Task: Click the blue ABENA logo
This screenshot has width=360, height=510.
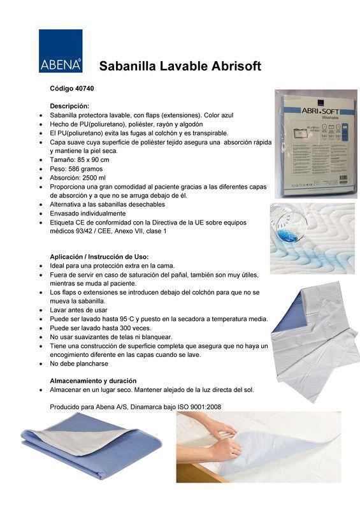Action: click(x=61, y=50)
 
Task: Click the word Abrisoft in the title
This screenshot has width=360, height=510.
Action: click(x=232, y=66)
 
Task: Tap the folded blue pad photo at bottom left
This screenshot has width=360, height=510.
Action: click(x=89, y=446)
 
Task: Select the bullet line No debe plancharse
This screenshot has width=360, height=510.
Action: click(x=79, y=363)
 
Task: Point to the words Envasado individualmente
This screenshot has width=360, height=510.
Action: click(x=87, y=214)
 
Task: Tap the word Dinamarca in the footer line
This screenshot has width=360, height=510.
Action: click(x=135, y=406)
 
